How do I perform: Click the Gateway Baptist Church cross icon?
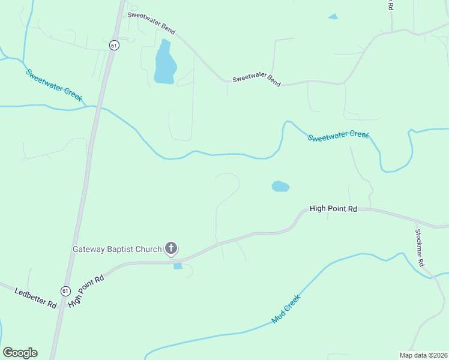171,248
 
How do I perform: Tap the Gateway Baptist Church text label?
117,249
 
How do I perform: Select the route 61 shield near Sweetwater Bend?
114,45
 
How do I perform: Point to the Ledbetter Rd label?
35,296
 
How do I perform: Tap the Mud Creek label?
285,309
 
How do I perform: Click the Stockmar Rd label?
420,247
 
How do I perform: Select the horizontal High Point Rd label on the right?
333,209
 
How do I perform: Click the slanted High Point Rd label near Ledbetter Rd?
86,291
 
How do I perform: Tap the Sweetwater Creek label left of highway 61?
53,85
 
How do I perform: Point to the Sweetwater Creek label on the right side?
338,136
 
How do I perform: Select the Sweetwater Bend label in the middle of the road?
256,79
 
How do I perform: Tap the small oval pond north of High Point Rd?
280,187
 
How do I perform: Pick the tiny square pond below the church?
178,266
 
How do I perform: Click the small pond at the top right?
333,17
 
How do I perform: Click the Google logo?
20,353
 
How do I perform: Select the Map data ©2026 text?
423,355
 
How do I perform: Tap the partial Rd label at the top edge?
390,5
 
